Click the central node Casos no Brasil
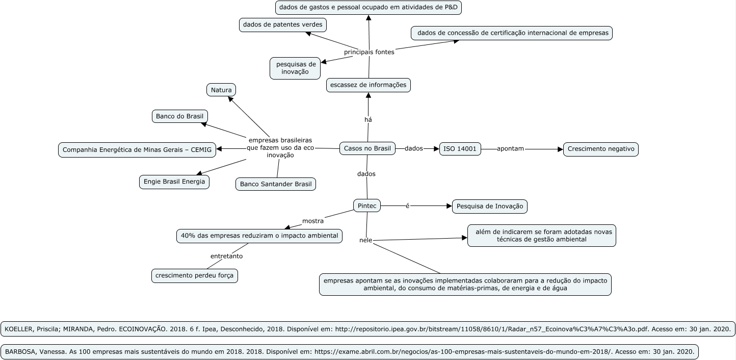point(367,148)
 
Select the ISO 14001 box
point(460,149)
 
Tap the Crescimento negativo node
point(600,149)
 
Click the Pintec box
point(367,205)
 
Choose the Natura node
point(221,90)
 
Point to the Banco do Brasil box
point(180,116)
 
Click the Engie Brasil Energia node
point(174,182)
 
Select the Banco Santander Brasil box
point(276,184)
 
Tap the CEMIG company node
point(137,150)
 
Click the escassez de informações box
point(368,85)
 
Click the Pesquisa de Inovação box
point(490,206)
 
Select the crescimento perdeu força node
point(195,276)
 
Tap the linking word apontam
point(510,149)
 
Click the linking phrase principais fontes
point(369,52)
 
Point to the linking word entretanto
point(226,256)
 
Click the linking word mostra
point(313,221)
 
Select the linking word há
point(368,120)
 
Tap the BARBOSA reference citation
point(350,351)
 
